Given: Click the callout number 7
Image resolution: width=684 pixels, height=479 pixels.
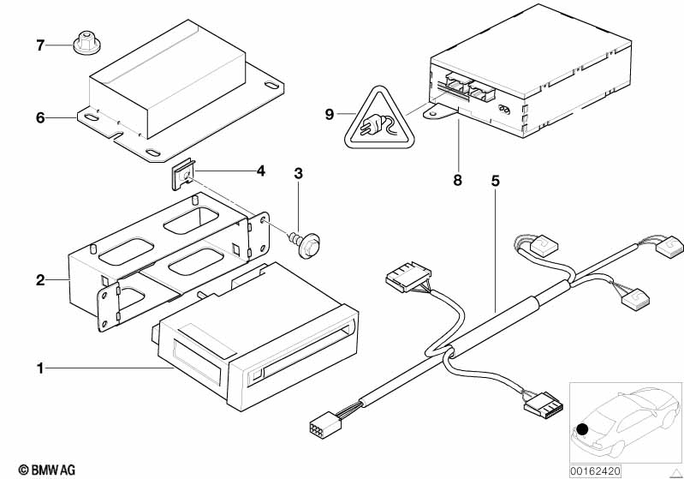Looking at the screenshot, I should click(x=39, y=44).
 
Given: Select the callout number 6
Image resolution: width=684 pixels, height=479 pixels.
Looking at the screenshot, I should click(x=39, y=117).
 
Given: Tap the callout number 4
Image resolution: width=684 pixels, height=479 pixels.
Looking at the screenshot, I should click(x=260, y=171).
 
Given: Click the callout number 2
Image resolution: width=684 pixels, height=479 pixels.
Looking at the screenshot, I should click(x=39, y=279).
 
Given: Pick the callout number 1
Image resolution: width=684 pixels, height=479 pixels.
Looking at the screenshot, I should click(x=39, y=368).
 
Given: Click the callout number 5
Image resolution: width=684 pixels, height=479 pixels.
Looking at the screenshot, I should click(x=495, y=181).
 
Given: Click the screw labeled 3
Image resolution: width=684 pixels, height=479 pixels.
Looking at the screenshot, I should click(x=300, y=241).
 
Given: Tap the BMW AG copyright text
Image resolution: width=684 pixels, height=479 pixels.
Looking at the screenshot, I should click(x=41, y=469).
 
